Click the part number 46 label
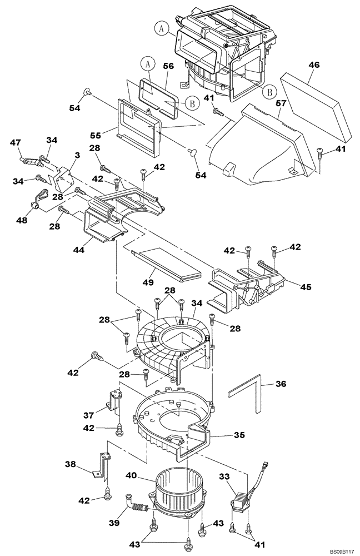tap(314, 65)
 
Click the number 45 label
tap(305, 287)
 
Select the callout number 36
tap(281, 384)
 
